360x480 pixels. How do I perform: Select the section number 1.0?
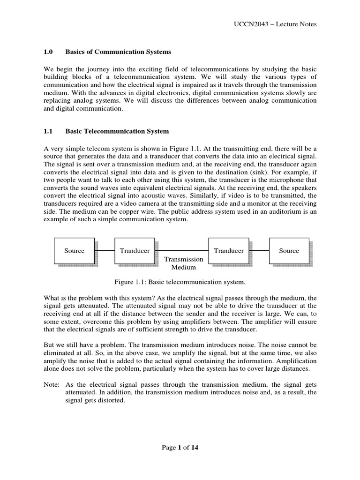tap(49, 52)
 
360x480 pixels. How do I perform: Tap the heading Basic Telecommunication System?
tap(117, 131)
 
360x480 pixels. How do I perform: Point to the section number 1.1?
tap(49, 131)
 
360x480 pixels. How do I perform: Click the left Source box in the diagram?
tap(74, 251)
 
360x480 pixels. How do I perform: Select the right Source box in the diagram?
tap(289, 251)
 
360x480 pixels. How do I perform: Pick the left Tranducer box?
tap(135, 251)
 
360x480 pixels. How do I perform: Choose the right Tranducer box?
tap(229, 251)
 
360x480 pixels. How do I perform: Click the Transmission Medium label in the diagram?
tap(184, 263)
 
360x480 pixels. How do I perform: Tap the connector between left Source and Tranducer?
tap(105, 251)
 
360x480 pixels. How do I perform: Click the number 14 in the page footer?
tap(195, 448)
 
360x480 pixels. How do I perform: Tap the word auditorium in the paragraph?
tap(289, 212)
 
